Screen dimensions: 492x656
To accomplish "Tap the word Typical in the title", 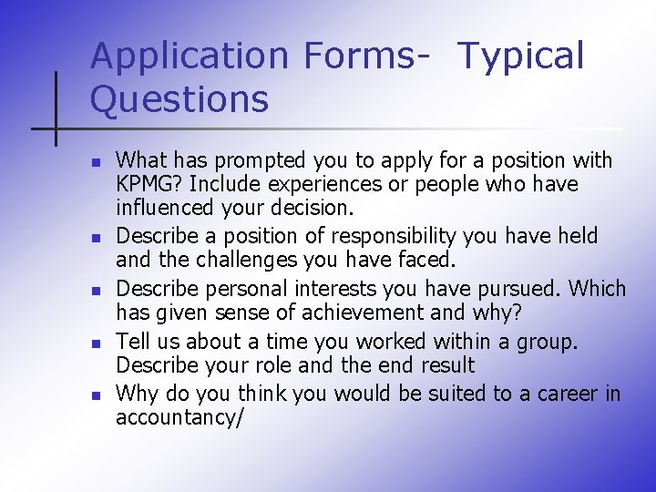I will pyautogui.click(x=520, y=56).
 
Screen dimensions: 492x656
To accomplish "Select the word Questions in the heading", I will pyautogui.click(x=179, y=99).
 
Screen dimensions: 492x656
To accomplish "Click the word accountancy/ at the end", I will pyautogui.click(x=179, y=417).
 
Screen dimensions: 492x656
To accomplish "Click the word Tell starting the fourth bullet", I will pyautogui.click(x=132, y=342).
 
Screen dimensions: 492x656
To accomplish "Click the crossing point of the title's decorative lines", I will pyautogui.click(x=56, y=128).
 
